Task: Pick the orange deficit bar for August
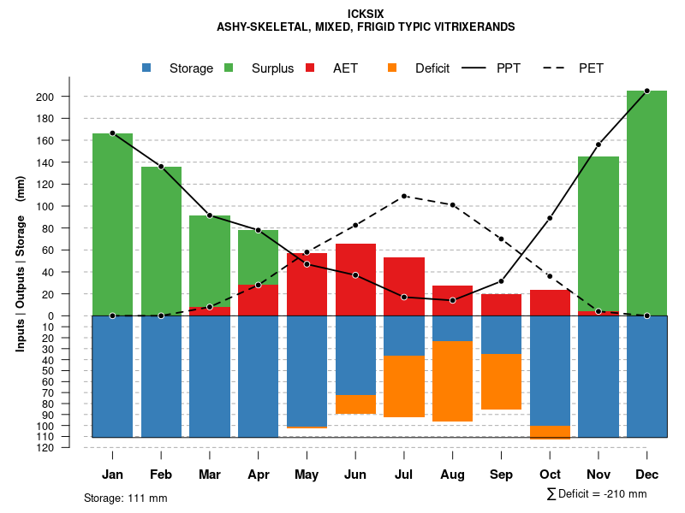(x=453, y=381)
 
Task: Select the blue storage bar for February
(x=161, y=376)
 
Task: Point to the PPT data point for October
(x=550, y=218)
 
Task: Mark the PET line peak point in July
(x=404, y=196)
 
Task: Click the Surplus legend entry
(x=272, y=68)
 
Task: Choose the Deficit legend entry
(x=432, y=68)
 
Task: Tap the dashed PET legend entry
(x=591, y=68)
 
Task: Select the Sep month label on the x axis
(x=501, y=475)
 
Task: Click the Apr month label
(x=259, y=475)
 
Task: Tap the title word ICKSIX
(x=366, y=14)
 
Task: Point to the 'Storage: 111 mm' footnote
(x=125, y=498)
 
